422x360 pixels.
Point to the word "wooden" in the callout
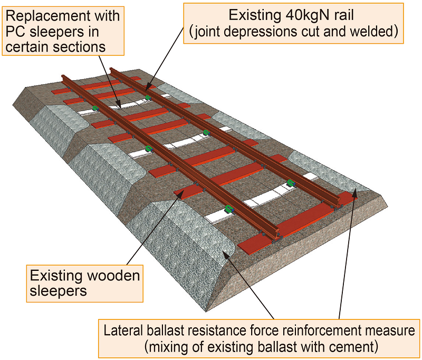(115, 276)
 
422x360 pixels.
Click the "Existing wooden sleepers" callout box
(84, 284)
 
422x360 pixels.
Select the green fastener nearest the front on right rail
(290, 183)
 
